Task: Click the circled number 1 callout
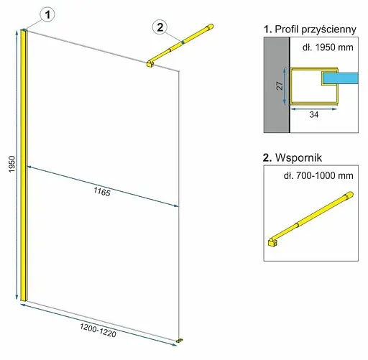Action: coord(47,14)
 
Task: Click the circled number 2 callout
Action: coord(160,27)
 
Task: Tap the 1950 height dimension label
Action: coord(11,164)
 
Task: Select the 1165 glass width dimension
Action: coord(102,192)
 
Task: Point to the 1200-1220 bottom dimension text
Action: coord(98,331)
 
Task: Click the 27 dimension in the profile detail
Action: coord(280,86)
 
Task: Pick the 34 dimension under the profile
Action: coord(314,115)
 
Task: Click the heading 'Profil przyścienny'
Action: coord(316,29)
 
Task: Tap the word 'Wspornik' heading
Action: coord(298,157)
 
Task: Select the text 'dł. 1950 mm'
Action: coord(328,47)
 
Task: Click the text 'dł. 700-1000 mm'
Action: coord(318,176)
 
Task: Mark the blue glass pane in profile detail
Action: coord(341,78)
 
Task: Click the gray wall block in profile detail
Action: coord(277,85)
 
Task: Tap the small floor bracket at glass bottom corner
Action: coord(179,340)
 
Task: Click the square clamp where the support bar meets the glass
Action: coord(150,64)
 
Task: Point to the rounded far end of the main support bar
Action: coord(210,27)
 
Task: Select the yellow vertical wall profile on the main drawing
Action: coord(24,165)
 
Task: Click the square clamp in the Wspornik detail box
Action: coord(272,242)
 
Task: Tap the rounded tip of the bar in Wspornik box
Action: coord(350,194)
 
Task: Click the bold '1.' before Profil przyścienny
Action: coord(268,29)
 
